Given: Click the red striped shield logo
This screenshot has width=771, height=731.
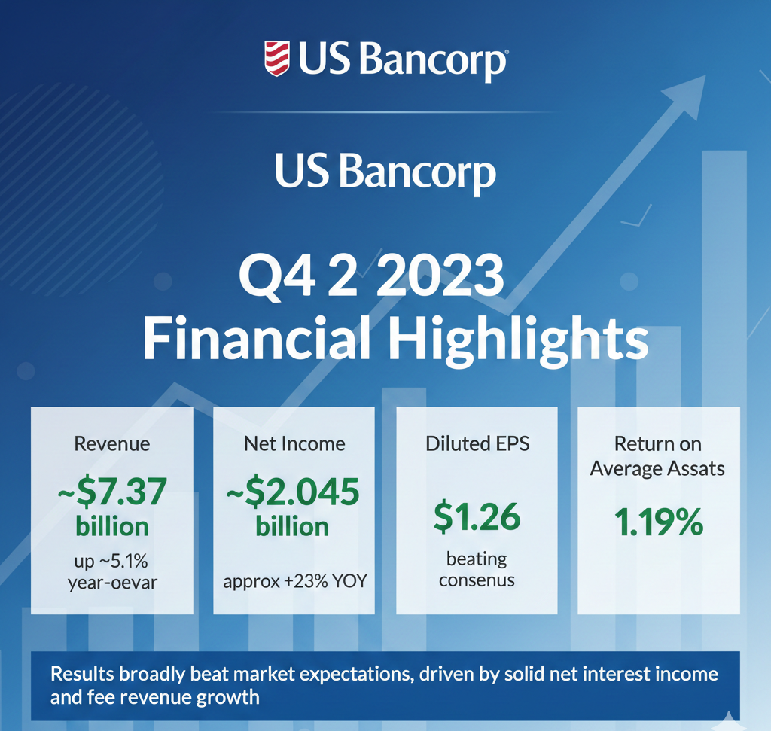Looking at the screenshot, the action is (x=277, y=59).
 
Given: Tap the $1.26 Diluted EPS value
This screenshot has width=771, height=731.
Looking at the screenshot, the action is (x=477, y=516).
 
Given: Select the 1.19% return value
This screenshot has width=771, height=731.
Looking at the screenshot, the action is (x=659, y=522).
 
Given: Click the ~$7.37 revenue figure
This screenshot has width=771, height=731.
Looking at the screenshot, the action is (x=112, y=492).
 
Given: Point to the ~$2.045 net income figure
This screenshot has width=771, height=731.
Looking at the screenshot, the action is (x=293, y=492).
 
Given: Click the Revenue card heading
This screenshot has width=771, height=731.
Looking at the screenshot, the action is (x=112, y=444).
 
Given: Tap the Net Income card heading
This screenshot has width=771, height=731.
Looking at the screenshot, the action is (x=294, y=444).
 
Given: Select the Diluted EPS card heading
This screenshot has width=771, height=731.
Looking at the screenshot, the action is (x=477, y=443).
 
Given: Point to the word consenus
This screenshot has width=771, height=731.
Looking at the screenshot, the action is (x=477, y=580).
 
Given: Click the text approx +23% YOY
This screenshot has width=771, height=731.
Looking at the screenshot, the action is (x=295, y=581).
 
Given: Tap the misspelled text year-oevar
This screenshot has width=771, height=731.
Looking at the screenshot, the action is (x=113, y=583).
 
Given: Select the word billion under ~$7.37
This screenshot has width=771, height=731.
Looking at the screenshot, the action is (x=112, y=526).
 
